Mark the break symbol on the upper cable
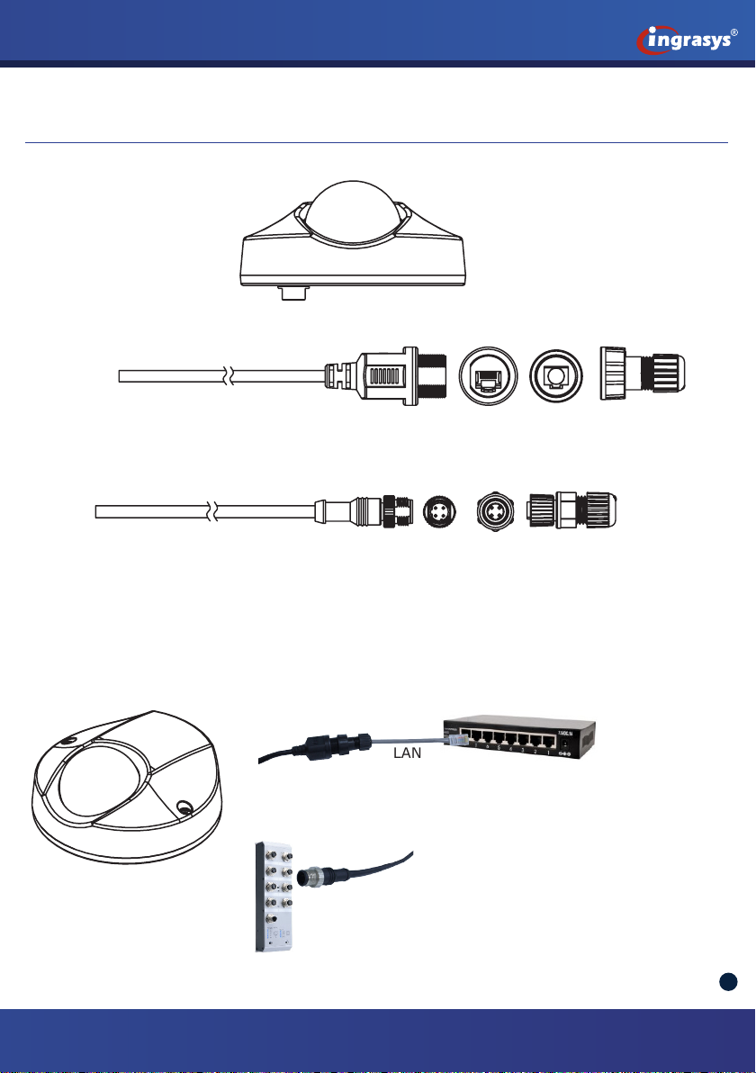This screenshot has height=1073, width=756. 231,374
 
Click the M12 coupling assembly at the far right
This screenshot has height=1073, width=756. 573,511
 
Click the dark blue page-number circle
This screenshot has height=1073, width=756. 729,982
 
